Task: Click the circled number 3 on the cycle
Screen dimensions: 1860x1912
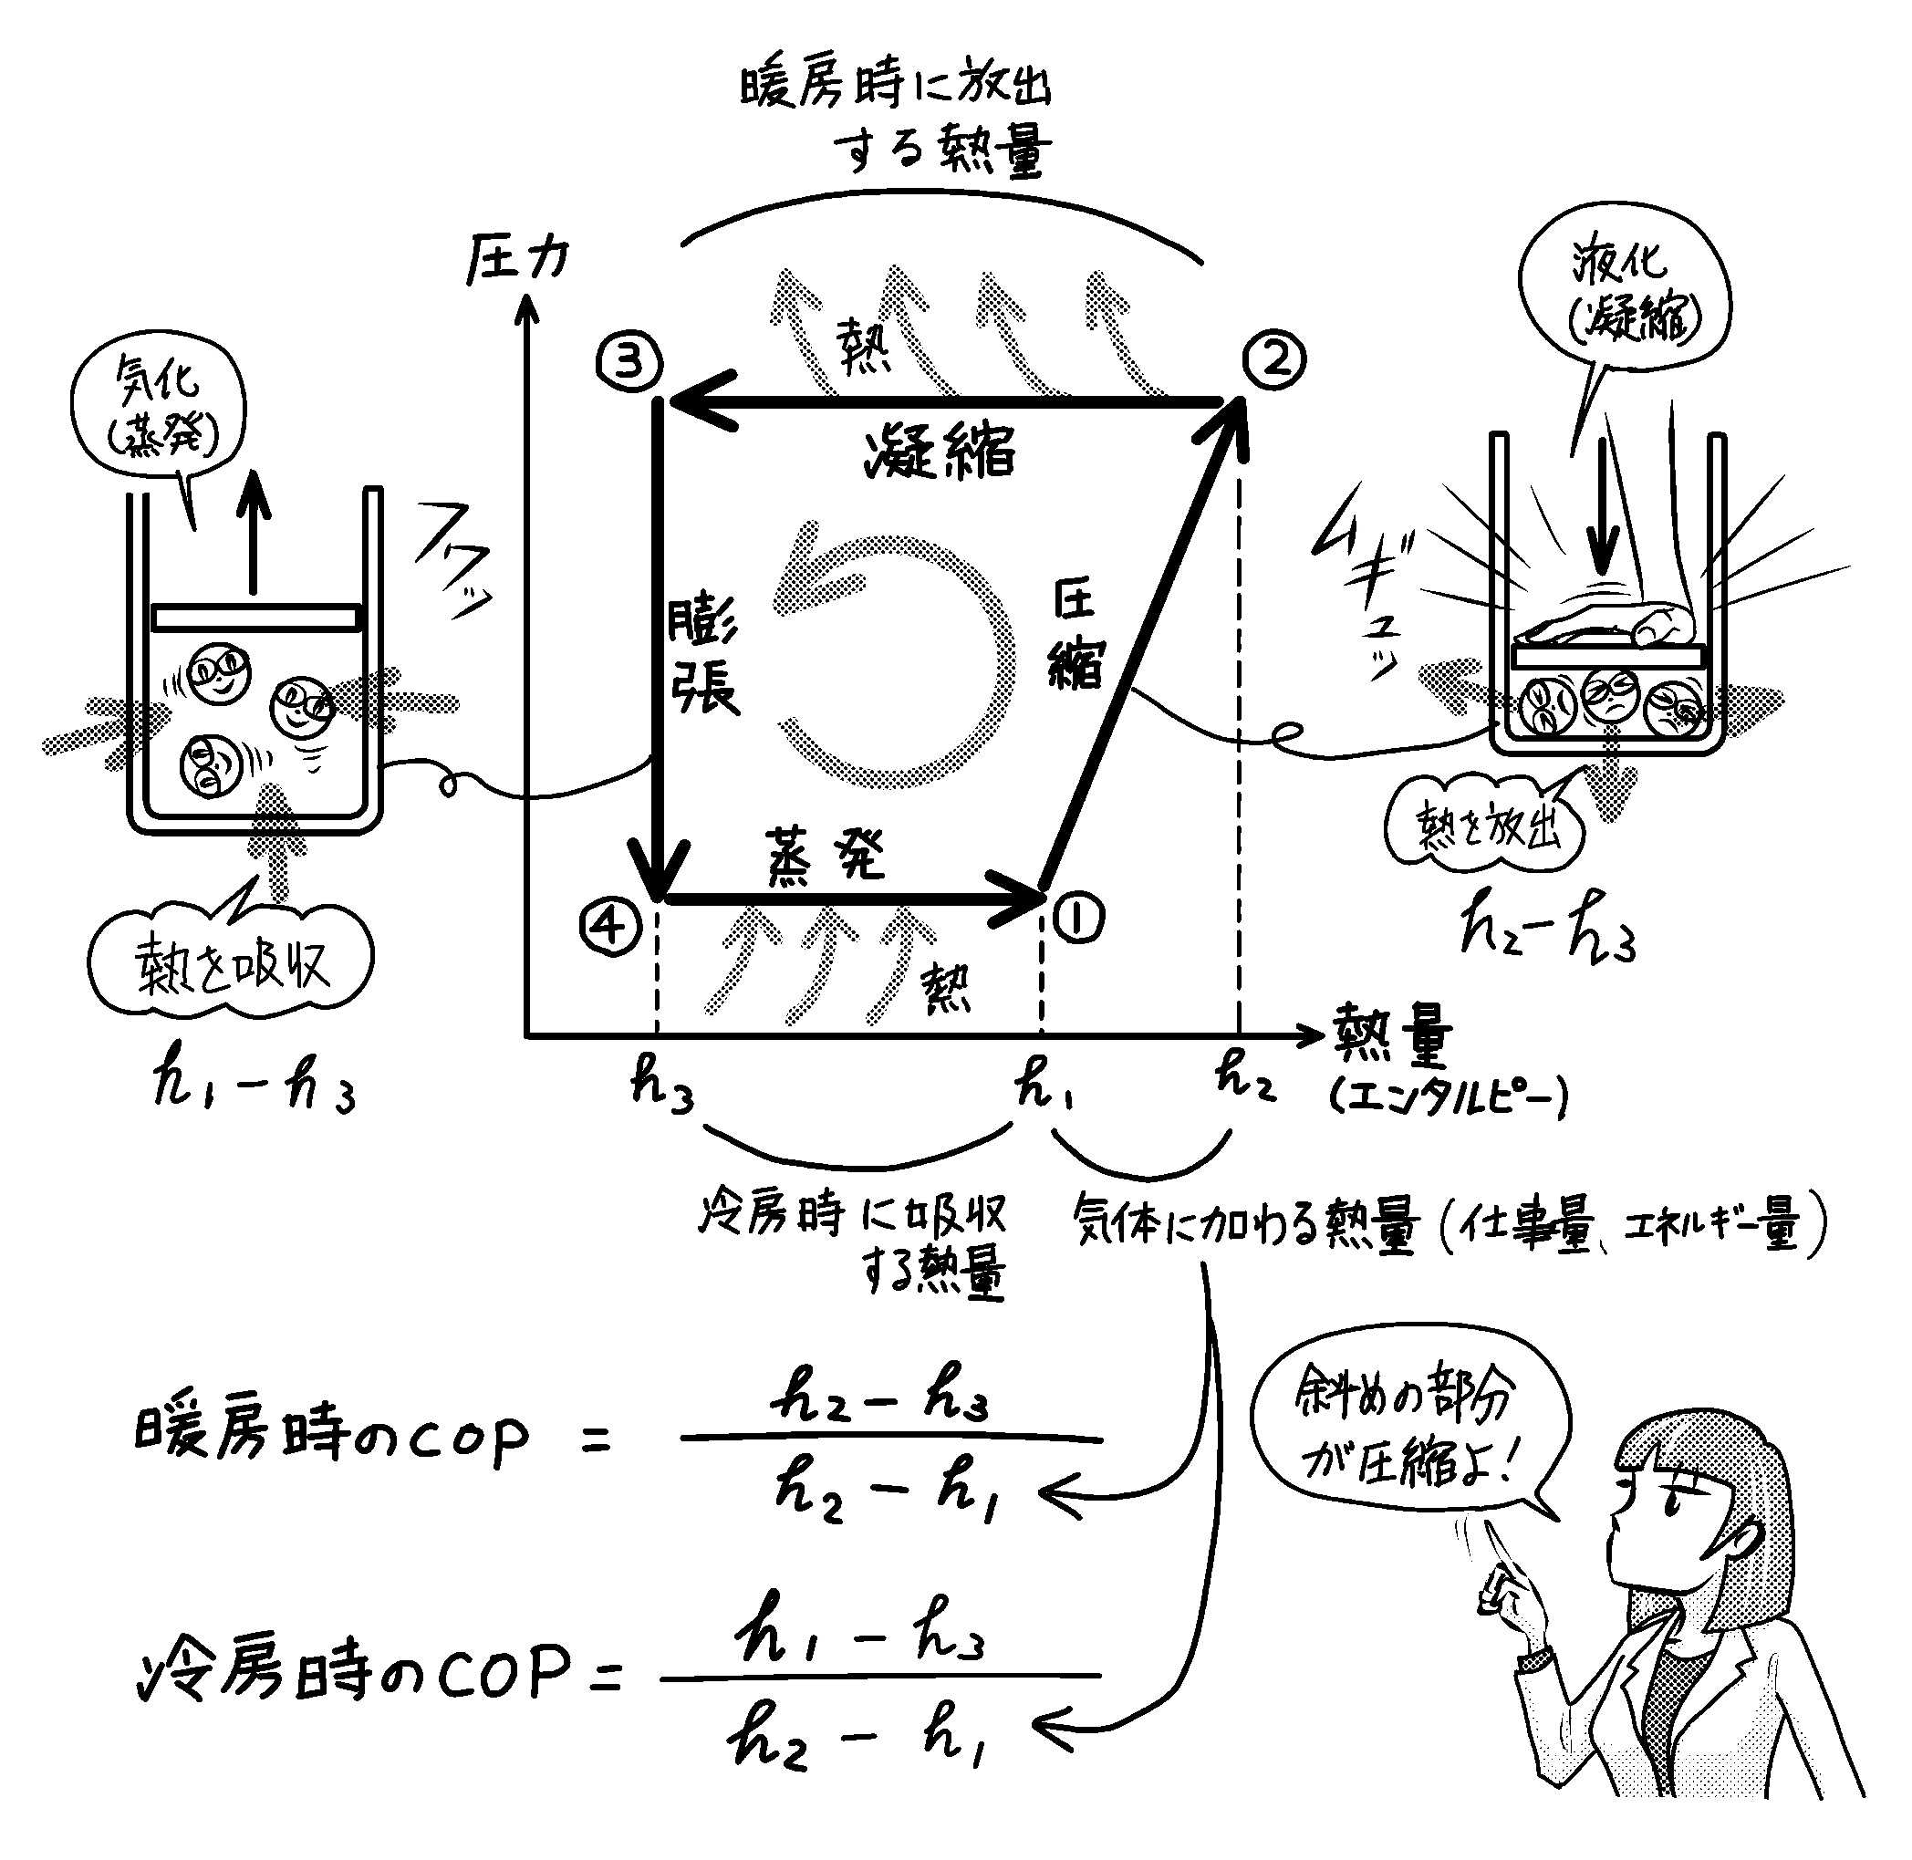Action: [x=629, y=362]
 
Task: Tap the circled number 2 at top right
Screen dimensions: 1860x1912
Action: [x=1274, y=359]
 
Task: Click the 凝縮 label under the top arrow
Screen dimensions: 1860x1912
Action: [x=939, y=453]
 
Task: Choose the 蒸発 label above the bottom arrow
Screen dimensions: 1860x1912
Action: [x=826, y=856]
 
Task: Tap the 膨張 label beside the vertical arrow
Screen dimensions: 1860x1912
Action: [x=702, y=656]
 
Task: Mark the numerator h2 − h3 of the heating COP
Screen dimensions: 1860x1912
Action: [x=879, y=1401]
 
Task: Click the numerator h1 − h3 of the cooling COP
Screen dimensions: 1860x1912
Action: [x=861, y=1641]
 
